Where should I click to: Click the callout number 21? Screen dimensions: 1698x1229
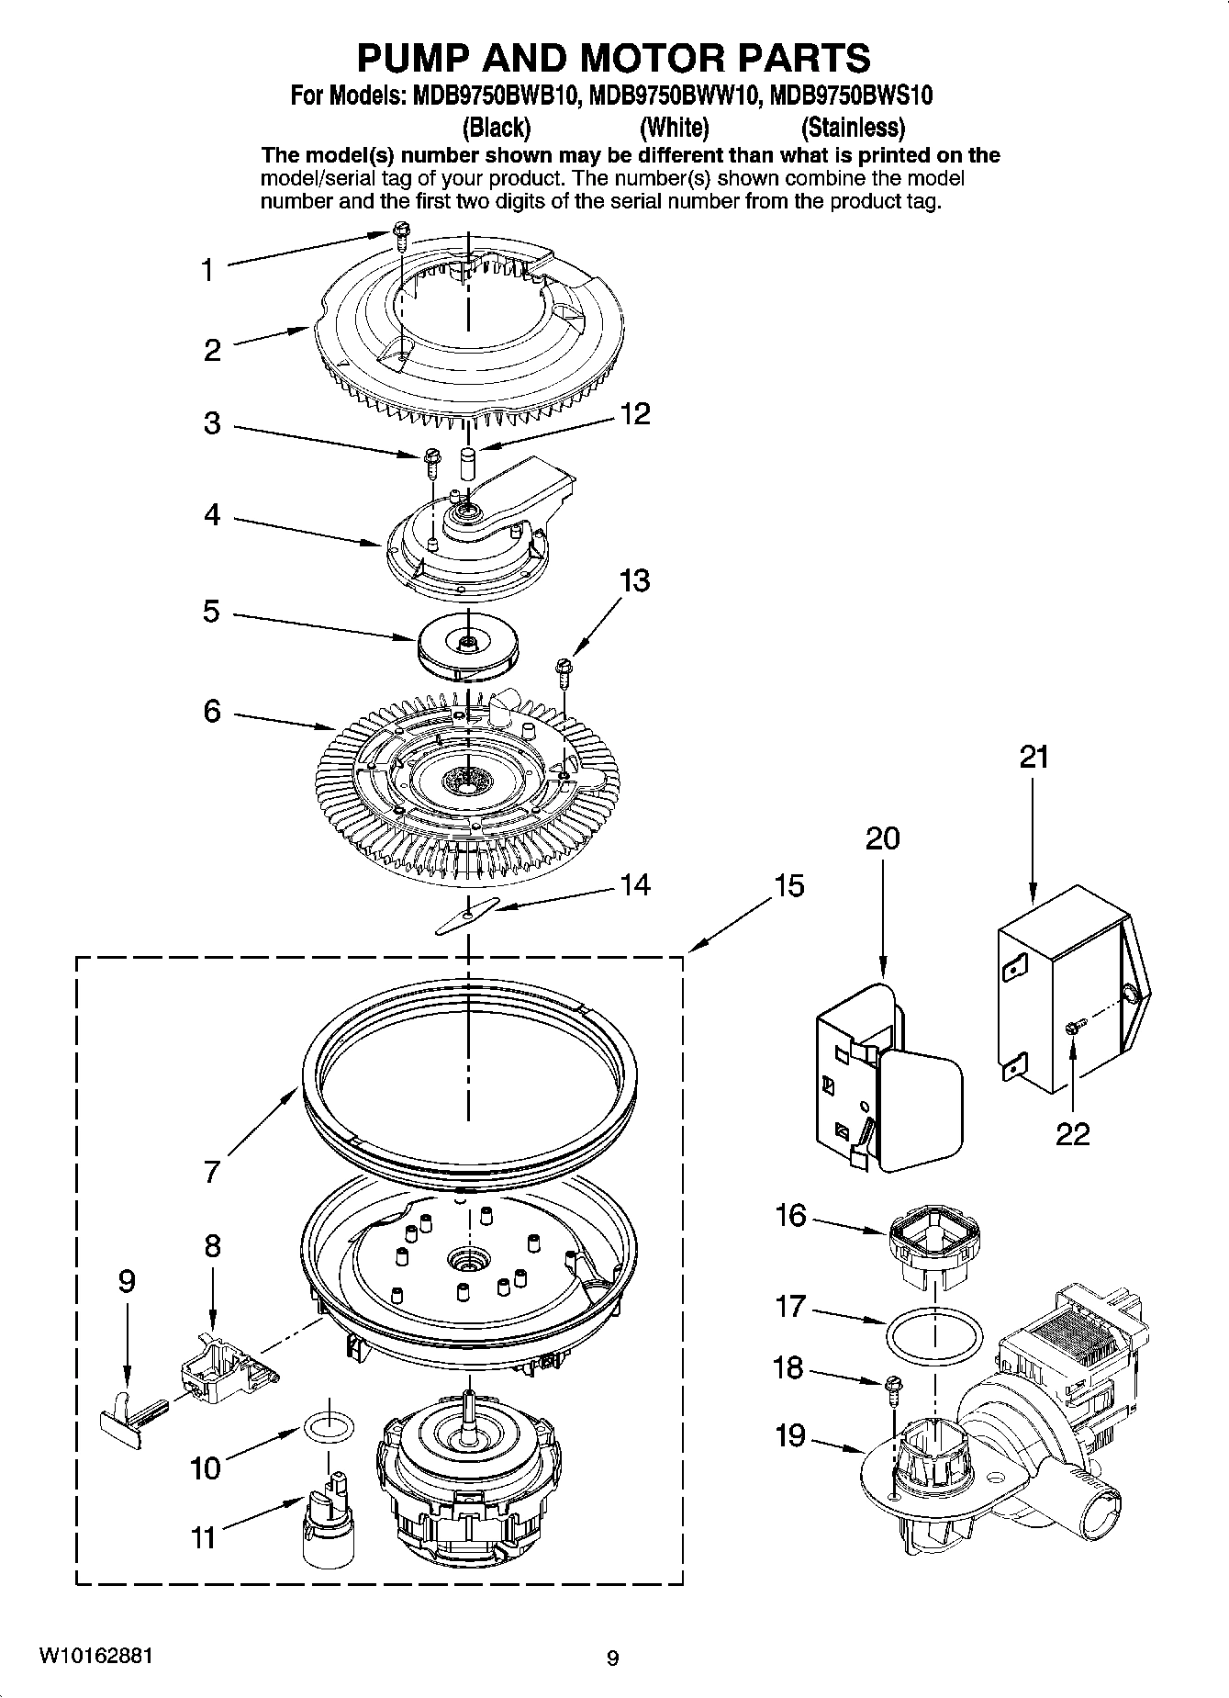click(1033, 758)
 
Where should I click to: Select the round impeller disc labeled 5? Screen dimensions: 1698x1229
click(468, 647)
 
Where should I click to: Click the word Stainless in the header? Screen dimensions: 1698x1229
click(853, 127)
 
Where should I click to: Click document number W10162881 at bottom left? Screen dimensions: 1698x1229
click(95, 1654)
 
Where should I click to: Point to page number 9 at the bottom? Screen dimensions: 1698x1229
click(613, 1658)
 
